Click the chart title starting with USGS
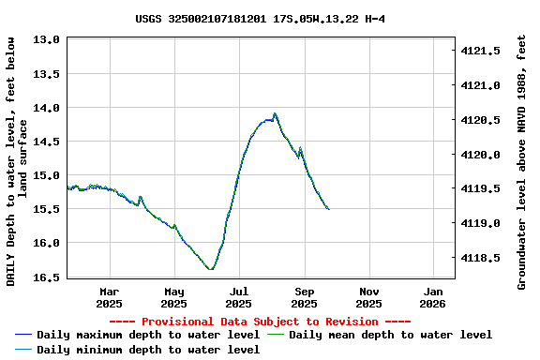click(260, 19)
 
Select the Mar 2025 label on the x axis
click(109, 297)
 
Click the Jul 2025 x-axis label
click(239, 297)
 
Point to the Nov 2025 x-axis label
click(368, 297)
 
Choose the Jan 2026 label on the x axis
click(432, 297)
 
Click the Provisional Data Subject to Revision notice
click(260, 322)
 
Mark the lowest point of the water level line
click(211, 270)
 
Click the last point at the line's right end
click(328, 209)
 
